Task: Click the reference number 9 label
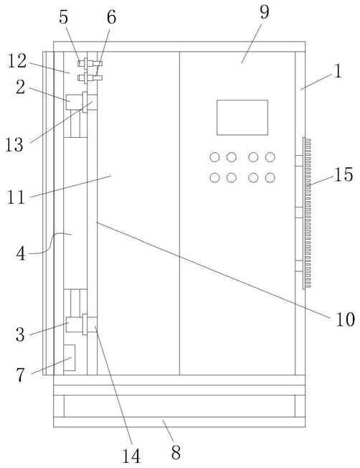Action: (x=264, y=12)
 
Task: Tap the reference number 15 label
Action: (x=344, y=174)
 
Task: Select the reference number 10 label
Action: (x=345, y=319)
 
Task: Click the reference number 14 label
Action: (x=131, y=456)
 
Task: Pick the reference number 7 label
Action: (x=20, y=375)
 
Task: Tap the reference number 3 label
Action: (x=20, y=334)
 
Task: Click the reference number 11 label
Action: (x=16, y=197)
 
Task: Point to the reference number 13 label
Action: (x=14, y=145)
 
